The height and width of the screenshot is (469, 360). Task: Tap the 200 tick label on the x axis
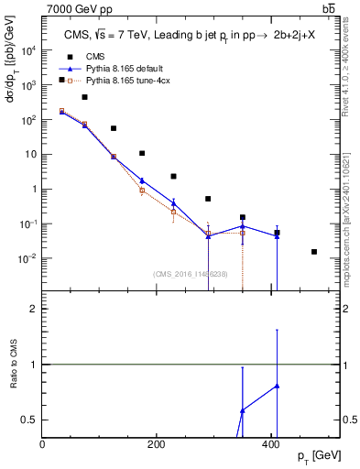pyautogui.click(x=157, y=444)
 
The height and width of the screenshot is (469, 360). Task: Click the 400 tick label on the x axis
pyautogui.click(x=270, y=444)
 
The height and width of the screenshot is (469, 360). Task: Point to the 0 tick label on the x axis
pyautogui.click(x=43, y=444)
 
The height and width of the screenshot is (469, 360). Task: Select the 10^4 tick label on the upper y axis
pyautogui.click(x=29, y=50)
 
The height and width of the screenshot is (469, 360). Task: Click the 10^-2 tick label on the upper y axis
pyautogui.click(x=29, y=258)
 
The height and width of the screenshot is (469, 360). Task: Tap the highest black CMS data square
pyautogui.click(x=61, y=80)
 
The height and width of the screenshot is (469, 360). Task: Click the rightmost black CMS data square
pyautogui.click(x=314, y=251)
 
